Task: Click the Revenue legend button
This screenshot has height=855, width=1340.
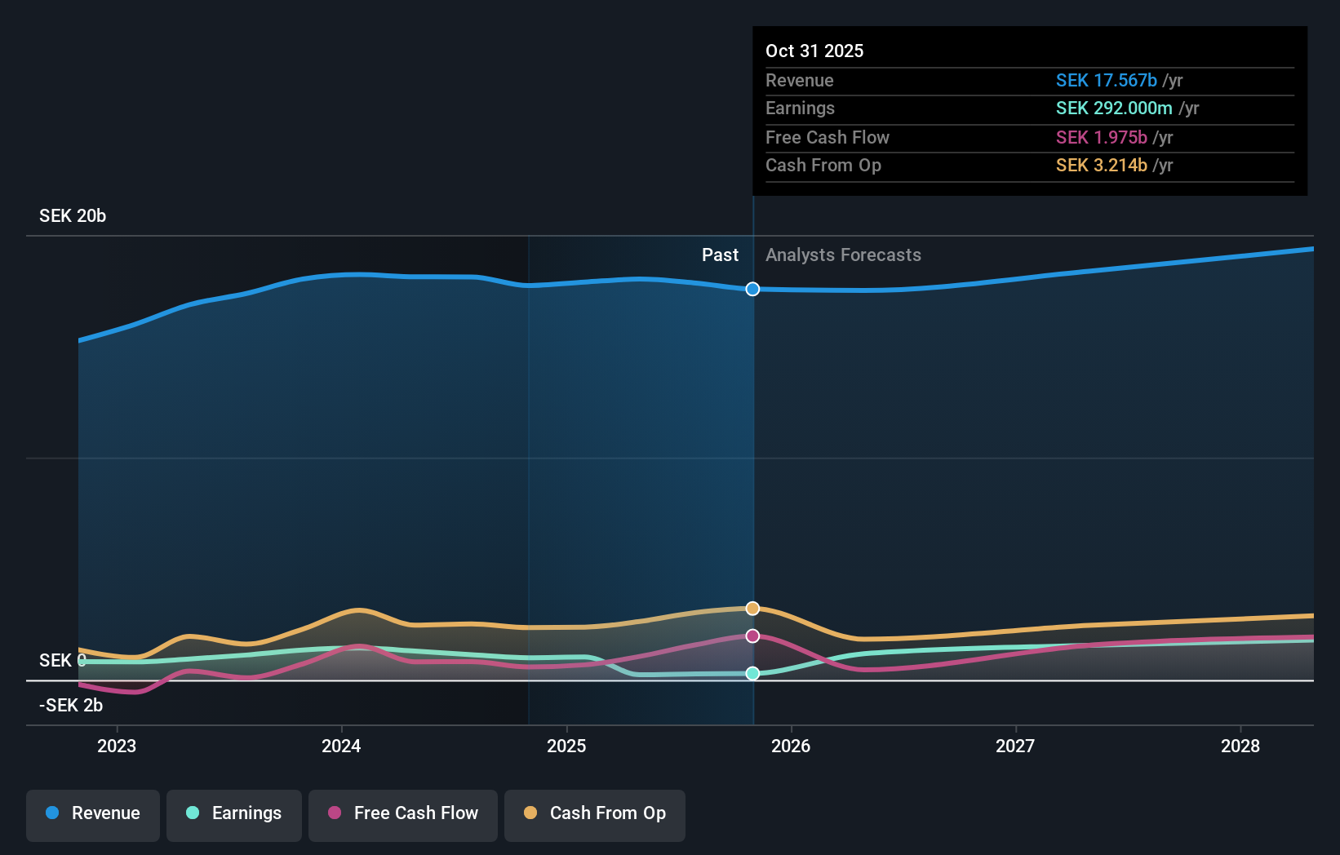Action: click(93, 813)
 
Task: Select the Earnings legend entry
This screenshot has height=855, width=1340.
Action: click(234, 813)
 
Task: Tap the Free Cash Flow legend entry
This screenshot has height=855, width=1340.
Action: click(403, 813)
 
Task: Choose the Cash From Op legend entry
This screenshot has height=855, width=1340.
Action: click(595, 813)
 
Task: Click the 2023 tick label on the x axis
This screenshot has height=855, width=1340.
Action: click(117, 746)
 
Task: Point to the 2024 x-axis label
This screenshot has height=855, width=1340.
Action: click(341, 746)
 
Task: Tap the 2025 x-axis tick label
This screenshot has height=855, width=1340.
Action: click(566, 746)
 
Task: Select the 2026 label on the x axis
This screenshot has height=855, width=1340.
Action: click(791, 746)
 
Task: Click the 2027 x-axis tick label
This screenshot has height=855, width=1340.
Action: click(1015, 746)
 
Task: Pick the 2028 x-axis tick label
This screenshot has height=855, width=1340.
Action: click(1240, 746)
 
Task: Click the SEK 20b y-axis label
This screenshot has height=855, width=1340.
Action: click(73, 216)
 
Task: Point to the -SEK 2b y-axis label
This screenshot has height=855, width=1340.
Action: click(71, 706)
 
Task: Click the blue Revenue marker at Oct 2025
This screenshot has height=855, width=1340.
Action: click(752, 289)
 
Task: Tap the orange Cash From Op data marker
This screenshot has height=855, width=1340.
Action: click(752, 609)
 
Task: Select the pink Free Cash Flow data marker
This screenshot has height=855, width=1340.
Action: click(752, 636)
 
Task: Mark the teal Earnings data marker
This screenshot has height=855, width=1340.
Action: click(752, 673)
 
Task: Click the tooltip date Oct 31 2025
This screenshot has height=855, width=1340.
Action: click(814, 51)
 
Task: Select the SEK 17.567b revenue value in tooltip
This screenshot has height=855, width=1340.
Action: click(1106, 80)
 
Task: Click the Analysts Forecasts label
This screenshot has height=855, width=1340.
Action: click(843, 255)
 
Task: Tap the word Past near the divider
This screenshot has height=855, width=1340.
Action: click(720, 255)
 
